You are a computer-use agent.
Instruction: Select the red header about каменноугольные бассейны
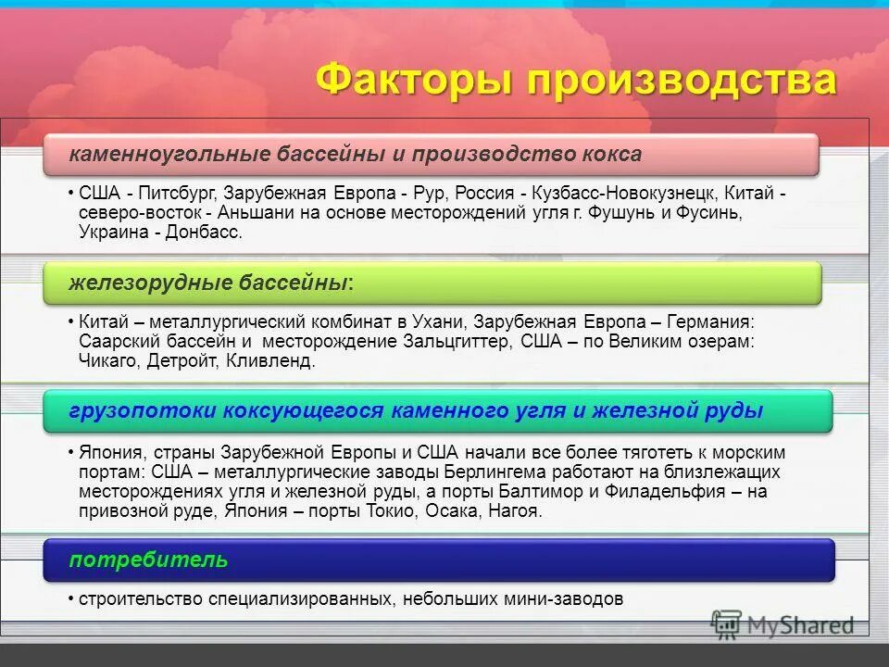click(432, 155)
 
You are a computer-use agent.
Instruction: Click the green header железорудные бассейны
click(432, 283)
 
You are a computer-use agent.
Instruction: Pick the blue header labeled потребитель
click(439, 560)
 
